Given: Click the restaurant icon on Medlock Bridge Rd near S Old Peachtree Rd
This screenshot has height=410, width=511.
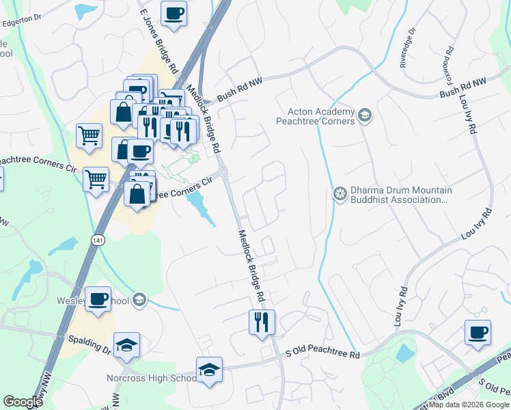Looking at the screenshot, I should point(261,322).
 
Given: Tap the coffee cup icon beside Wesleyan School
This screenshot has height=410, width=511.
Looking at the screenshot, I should point(99,299).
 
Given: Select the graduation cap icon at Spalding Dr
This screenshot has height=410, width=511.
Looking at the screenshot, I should point(126,345).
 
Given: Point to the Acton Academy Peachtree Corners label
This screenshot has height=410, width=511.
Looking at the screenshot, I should point(315,117).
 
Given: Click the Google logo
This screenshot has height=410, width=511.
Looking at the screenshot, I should point(23,402).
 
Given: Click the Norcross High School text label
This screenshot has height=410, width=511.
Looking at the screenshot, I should point(152,379).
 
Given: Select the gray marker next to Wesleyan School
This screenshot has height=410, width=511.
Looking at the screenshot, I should point(139,299).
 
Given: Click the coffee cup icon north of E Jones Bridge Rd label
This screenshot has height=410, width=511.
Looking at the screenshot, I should point(174,13).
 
